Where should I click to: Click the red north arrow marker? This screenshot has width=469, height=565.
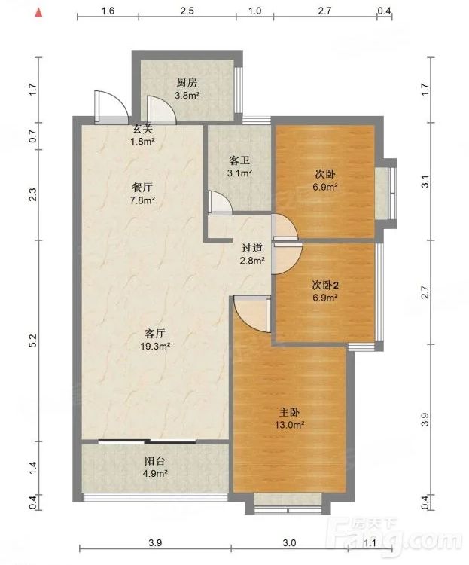click(x=38, y=13)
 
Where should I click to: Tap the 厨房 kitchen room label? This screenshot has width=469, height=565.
click(x=187, y=83)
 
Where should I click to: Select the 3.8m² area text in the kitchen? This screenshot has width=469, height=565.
click(x=187, y=96)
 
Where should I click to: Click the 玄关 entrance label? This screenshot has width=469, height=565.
click(x=143, y=129)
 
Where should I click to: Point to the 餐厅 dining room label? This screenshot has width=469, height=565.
click(x=142, y=188)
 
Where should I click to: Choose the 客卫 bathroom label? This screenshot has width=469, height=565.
click(x=239, y=160)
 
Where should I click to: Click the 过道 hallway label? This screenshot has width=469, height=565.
click(x=252, y=248)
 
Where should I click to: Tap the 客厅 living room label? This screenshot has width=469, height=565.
click(x=155, y=333)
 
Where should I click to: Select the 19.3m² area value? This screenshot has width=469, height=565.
click(x=155, y=347)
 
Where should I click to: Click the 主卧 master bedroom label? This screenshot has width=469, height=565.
click(x=289, y=412)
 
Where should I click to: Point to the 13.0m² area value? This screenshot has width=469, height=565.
click(x=290, y=425)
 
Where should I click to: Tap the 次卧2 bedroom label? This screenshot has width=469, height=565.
click(x=325, y=286)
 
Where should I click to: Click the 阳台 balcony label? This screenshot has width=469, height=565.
click(x=155, y=461)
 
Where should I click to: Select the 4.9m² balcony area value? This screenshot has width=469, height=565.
click(x=155, y=474)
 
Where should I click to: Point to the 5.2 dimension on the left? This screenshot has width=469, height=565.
click(x=33, y=341)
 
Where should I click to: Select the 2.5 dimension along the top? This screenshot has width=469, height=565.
click(x=187, y=11)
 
